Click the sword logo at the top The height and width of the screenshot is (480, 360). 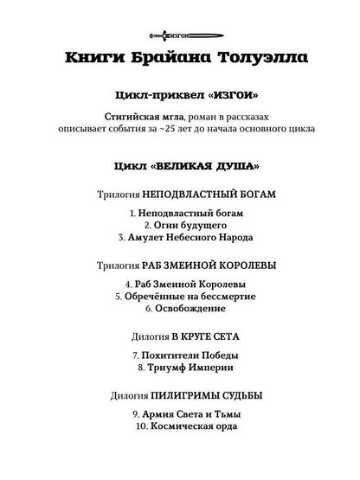pos(179,34)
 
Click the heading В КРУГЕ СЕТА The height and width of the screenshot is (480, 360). pos(204,336)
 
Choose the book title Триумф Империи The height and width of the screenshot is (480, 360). pos(185,367)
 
